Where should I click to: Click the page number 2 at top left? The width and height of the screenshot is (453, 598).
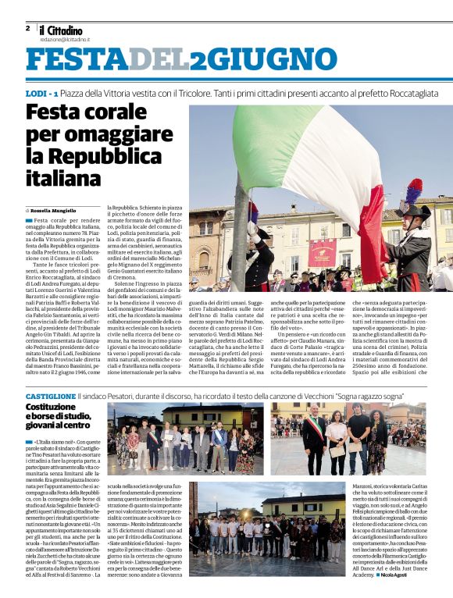27,27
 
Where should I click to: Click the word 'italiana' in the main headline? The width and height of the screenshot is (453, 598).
62,179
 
